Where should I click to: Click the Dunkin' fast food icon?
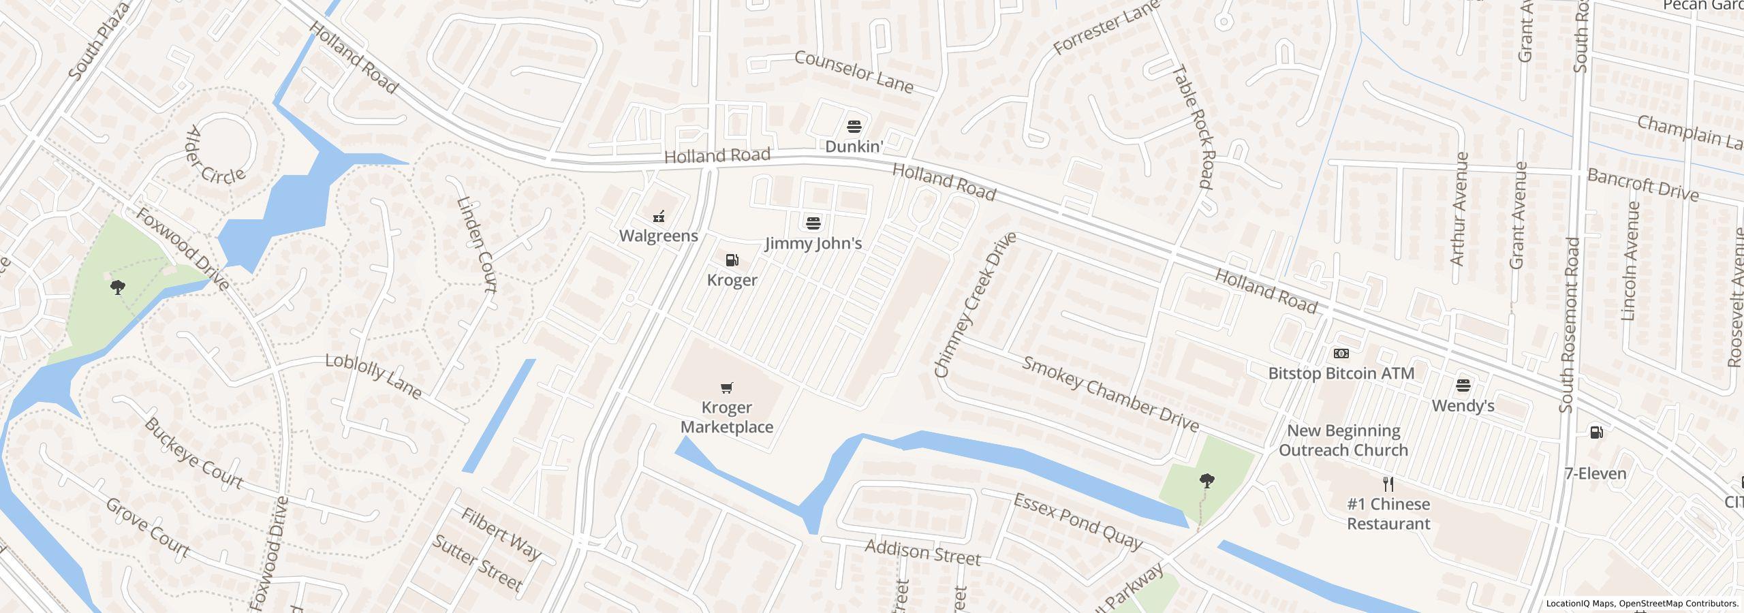tap(854, 126)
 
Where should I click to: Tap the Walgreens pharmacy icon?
tap(659, 217)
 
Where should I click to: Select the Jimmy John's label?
tap(813, 243)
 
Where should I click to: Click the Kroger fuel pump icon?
tap(732, 260)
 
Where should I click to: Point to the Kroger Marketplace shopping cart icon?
tap(727, 388)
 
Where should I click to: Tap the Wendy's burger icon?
tap(1463, 386)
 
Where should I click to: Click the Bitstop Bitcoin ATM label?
tap(1341, 373)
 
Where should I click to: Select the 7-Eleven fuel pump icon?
tap(1596, 433)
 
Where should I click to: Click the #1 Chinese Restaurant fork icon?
tap(1388, 484)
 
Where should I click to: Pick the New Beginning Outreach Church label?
tap(1343, 441)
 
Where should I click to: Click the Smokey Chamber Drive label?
tap(1110, 394)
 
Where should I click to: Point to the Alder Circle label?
tap(215, 156)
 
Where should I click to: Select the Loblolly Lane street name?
tap(373, 376)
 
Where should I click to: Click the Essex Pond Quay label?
tap(1077, 522)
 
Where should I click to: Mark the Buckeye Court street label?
tap(193, 454)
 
